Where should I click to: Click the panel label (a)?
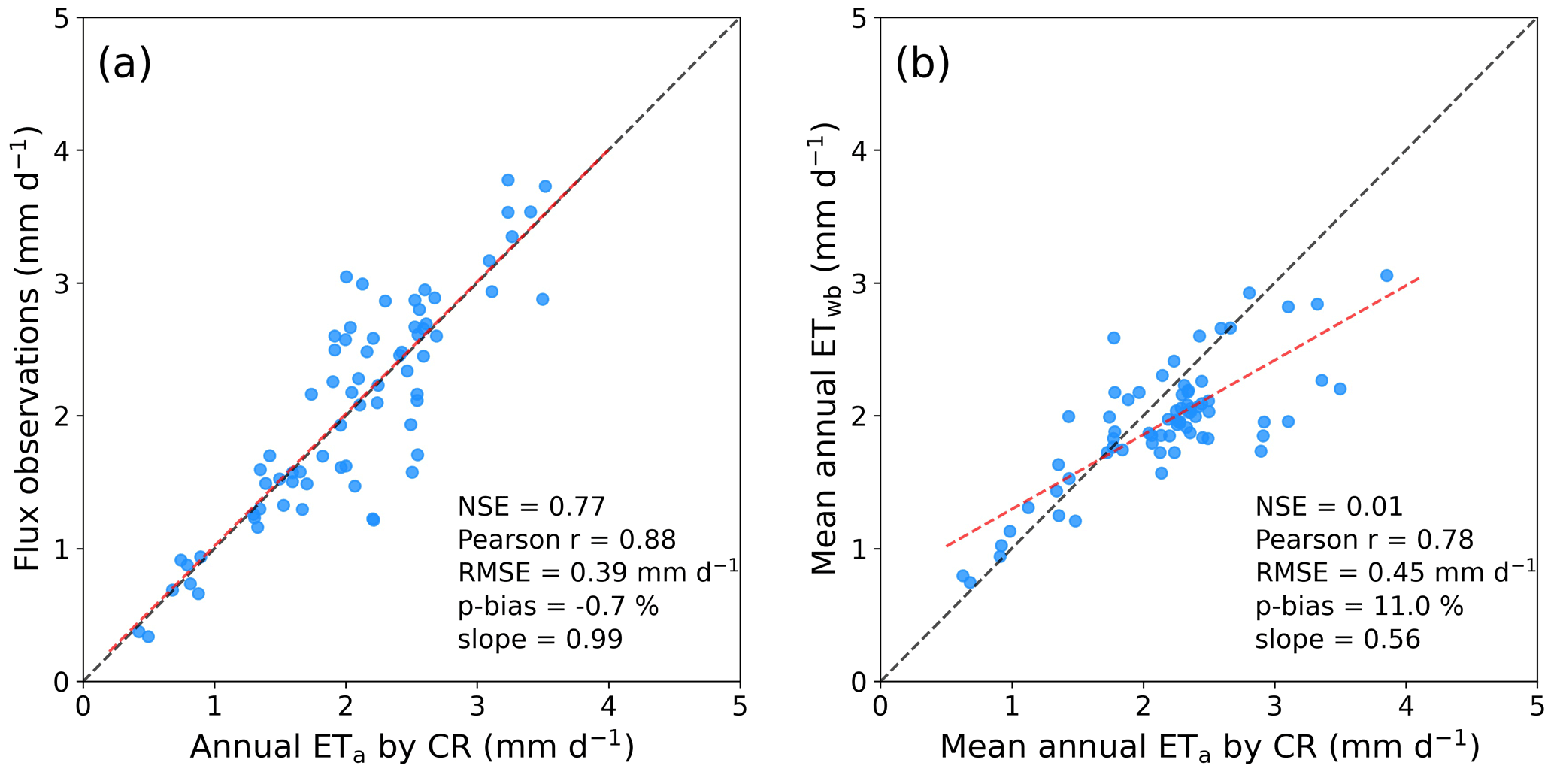coord(125,63)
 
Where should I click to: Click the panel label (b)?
coord(922,63)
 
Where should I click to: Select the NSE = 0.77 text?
coord(531,507)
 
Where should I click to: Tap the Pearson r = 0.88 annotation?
coord(567,540)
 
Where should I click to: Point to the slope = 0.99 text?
coord(540,639)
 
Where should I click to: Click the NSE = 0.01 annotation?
coord(1328,507)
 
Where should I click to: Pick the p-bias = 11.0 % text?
coord(1359,606)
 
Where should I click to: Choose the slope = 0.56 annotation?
coord(1337,639)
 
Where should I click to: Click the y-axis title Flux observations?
coord(29,349)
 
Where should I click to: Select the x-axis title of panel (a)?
coord(411,746)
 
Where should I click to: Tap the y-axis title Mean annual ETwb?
coord(825,349)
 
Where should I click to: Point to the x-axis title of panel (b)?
coord(1209,746)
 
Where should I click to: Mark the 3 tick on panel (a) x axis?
coord(477,707)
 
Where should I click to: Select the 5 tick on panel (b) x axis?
coord(1537,707)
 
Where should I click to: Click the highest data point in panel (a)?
coord(507,180)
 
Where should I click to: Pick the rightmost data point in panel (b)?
coord(1386,276)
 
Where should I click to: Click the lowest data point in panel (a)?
coord(148,637)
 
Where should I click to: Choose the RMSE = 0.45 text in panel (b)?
coord(1395,573)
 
